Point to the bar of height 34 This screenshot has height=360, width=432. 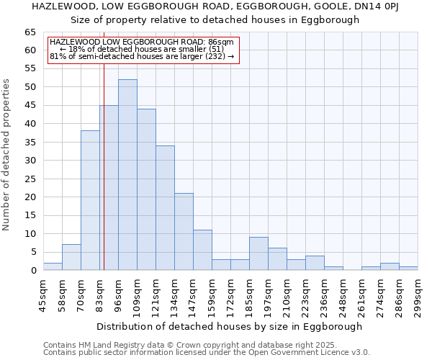pos(165,208)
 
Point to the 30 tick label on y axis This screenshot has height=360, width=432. pos(31,161)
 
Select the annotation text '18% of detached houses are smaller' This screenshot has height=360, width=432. pos(142,50)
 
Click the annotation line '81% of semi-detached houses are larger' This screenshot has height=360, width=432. pos(142,56)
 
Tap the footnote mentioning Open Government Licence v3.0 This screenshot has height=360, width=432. pos(207,352)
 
